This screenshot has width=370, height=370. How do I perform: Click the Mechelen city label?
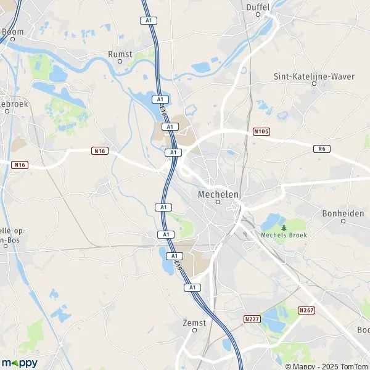coord(218,194)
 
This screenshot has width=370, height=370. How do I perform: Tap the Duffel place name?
coord(258,7)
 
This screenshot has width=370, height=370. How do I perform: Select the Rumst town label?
coord(120,54)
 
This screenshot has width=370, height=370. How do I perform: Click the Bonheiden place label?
coord(343,213)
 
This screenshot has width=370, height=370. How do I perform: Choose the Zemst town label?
coord(194,322)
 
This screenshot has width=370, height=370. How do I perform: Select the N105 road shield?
coord(261,131)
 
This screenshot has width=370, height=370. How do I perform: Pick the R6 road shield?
coord(320,149)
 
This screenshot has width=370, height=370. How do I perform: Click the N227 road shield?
coord(251,318)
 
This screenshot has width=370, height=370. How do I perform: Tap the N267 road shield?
coord(306,310)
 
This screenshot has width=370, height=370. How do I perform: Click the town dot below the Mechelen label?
coord(218,202)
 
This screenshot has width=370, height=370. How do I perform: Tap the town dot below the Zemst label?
coord(194,330)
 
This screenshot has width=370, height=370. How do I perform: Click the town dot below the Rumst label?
coord(120,62)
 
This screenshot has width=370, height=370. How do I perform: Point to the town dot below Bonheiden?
coord(343,221)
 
